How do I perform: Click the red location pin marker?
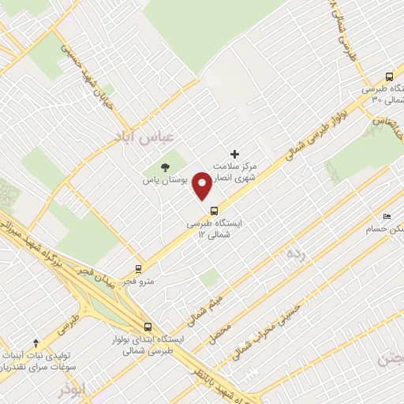[x=203, y=185]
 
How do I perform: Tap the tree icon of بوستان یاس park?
[x=165, y=166]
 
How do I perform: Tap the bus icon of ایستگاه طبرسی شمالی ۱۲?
[x=215, y=209]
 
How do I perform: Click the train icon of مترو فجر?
[x=139, y=268]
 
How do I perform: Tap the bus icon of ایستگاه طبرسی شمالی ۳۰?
[x=389, y=77]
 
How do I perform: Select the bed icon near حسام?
[x=387, y=215]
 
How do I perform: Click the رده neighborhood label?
[x=295, y=253]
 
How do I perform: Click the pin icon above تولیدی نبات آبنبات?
[x=35, y=343]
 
